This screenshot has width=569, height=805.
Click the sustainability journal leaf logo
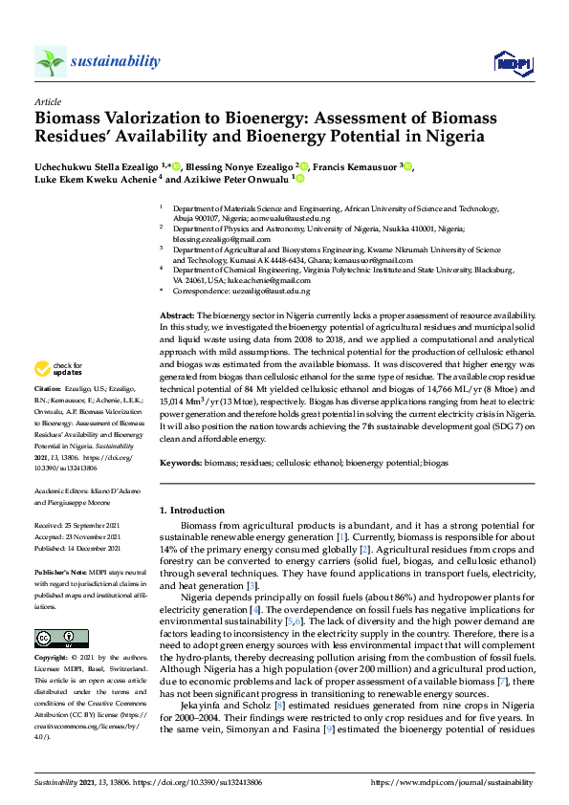point(51,61)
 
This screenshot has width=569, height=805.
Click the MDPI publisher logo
point(512,62)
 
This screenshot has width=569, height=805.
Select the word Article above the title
point(47,100)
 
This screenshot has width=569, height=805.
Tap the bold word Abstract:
point(176,315)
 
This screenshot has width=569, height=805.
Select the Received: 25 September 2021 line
point(77,525)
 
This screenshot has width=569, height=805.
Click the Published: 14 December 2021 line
point(77,549)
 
